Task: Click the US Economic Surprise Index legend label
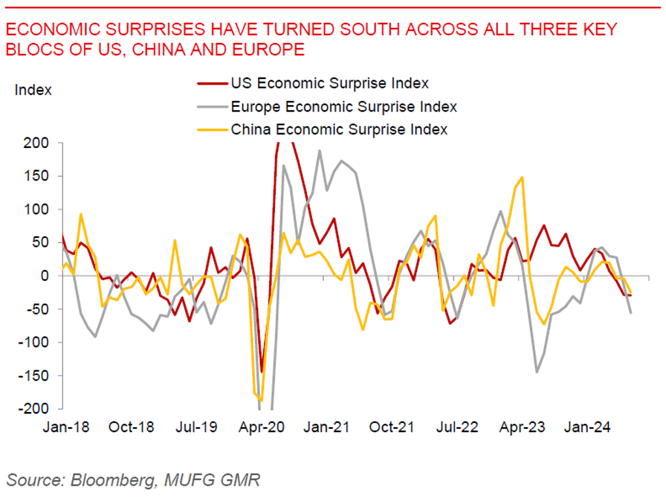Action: pyautogui.click(x=329, y=83)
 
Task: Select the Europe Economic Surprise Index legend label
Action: pyautogui.click(x=343, y=106)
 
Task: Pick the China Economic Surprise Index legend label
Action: pyautogui.click(x=339, y=129)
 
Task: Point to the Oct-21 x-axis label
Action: pyautogui.click(x=391, y=428)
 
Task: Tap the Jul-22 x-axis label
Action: pyautogui.click(x=456, y=428)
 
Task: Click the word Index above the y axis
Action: pyautogui.click(x=33, y=90)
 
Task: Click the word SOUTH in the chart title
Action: pyautogui.click(x=359, y=30)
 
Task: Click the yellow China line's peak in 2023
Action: pyautogui.click(x=523, y=177)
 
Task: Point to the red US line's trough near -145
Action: pyautogui.click(x=262, y=372)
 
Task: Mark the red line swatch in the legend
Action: pyautogui.click(x=212, y=83)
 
